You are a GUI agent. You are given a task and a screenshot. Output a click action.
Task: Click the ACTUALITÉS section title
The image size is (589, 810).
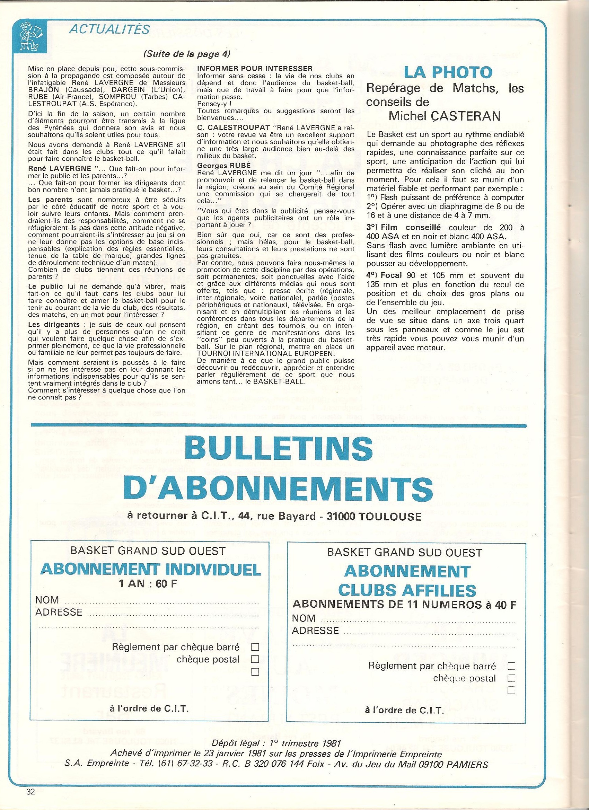point(109,29)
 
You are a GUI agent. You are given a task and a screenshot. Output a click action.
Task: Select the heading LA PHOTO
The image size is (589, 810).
point(448,72)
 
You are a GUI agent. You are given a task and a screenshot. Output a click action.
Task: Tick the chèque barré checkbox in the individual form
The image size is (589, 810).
point(255,647)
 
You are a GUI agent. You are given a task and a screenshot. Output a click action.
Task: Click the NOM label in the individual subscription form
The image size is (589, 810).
point(47,600)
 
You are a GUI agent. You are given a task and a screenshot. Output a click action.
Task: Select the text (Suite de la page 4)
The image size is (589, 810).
point(187,54)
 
